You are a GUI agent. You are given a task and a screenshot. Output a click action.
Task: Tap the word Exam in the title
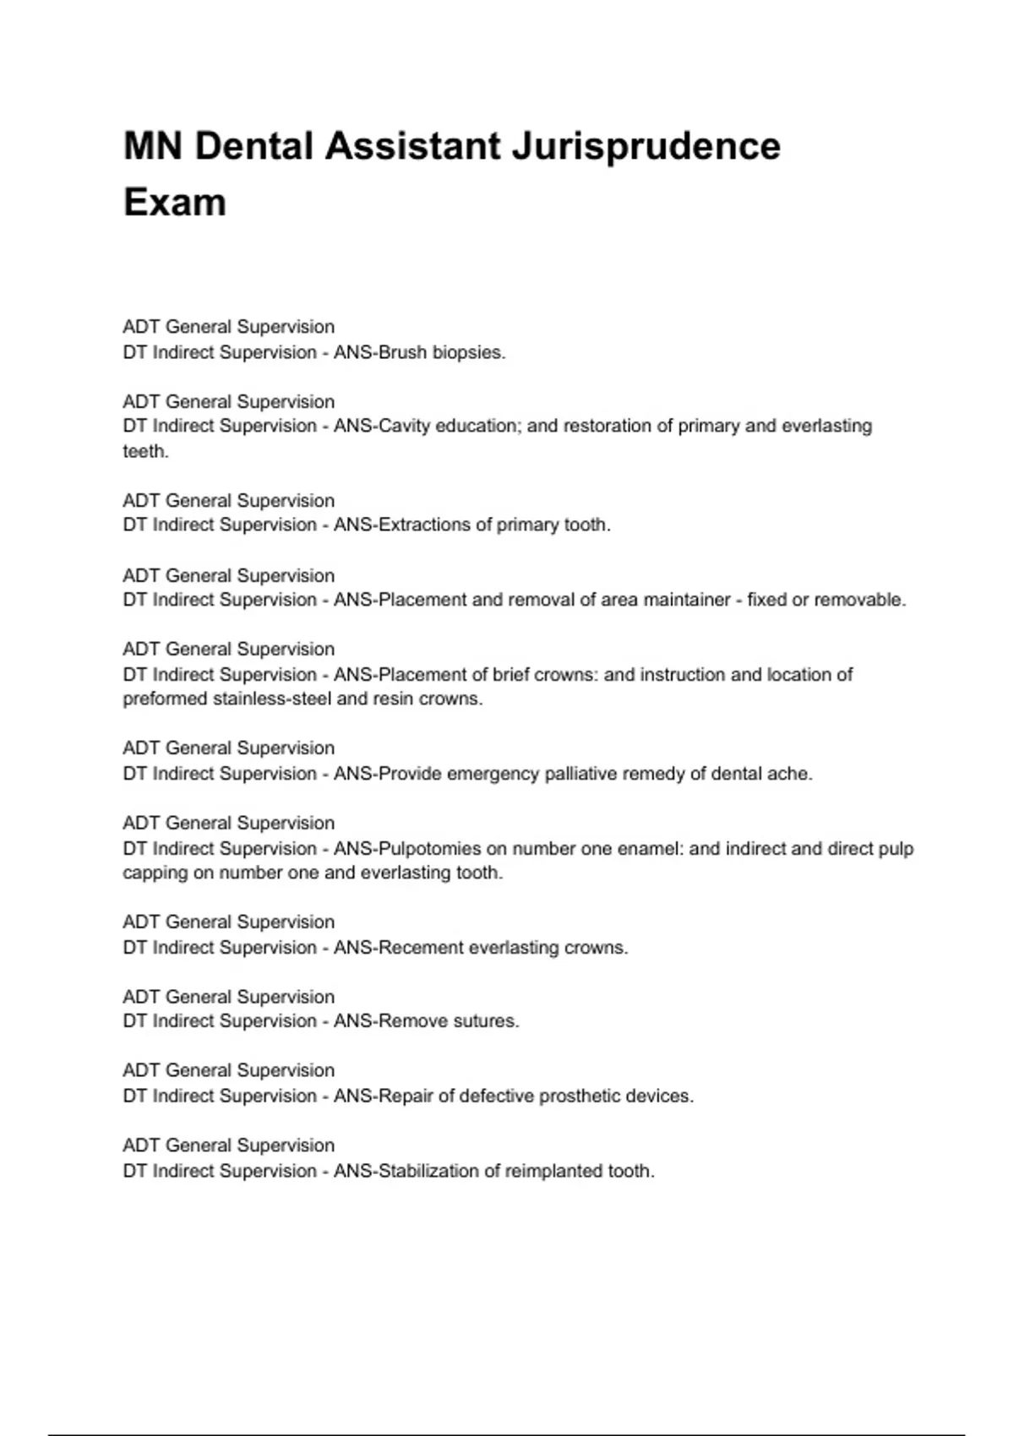click(175, 203)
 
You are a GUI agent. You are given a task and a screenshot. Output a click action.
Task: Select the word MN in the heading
click(153, 146)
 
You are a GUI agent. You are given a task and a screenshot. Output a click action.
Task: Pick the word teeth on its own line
click(144, 451)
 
